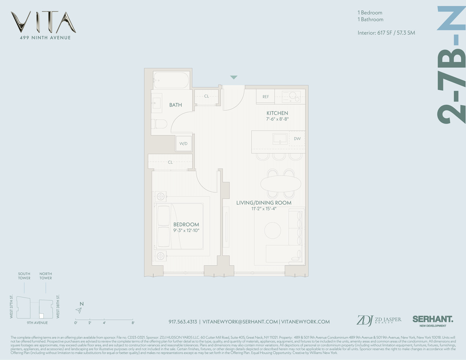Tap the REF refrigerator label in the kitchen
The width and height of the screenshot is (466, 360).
tap(265, 96)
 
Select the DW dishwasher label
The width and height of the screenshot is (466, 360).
tap(297, 139)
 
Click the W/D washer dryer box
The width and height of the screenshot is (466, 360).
tap(183, 144)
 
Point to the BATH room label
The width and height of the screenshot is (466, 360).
tap(175, 105)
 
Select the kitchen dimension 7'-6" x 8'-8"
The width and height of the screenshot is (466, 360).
tap(277, 118)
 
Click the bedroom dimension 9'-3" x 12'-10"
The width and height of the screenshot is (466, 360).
tap(186, 230)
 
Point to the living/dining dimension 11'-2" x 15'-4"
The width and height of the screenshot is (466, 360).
tap(264, 208)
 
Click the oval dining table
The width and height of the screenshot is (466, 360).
tap(281, 184)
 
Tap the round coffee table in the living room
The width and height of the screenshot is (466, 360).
tap(273, 229)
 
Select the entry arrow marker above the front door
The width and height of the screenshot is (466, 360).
tap(234, 77)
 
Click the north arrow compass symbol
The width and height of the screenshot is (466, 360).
tap(79, 310)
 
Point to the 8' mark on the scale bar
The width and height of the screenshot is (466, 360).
tap(133, 323)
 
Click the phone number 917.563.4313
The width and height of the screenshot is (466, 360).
tap(183, 322)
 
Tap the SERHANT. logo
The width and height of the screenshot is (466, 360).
tap(433, 319)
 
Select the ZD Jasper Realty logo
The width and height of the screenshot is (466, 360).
tap(378, 320)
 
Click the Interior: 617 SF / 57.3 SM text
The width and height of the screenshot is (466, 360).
tap(386, 33)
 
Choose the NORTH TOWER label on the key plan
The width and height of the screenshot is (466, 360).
tap(46, 276)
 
